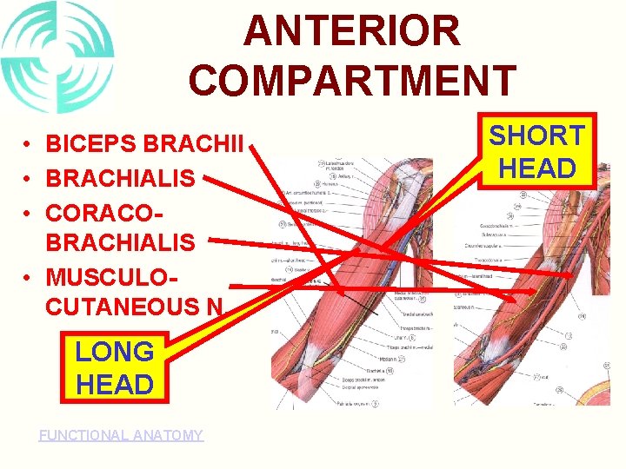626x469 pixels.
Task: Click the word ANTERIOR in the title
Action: pos(351,31)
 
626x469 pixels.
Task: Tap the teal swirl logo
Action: pos(57,57)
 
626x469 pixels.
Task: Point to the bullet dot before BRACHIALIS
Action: pos(29,179)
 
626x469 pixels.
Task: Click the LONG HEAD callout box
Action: pos(114,367)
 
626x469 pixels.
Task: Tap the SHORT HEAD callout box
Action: pos(536,151)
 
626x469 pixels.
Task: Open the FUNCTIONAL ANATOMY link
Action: pos(121,435)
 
